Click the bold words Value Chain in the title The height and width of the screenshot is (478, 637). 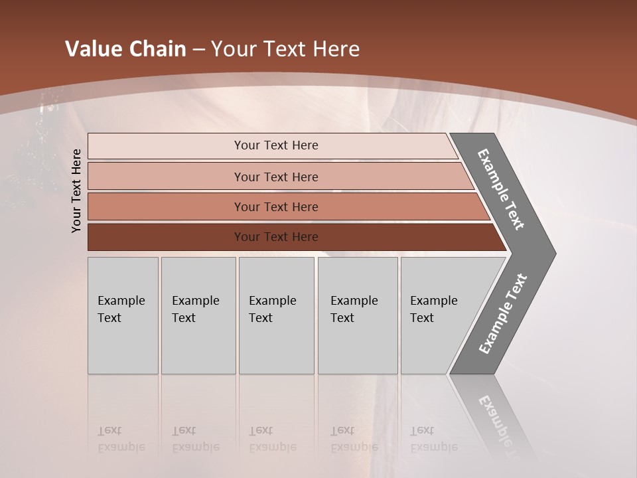(125, 49)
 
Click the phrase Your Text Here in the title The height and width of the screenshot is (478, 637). (285, 49)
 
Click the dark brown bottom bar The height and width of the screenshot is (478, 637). (166, 237)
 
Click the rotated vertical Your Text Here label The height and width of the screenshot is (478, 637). (76, 191)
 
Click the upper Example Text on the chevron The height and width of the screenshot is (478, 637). (501, 189)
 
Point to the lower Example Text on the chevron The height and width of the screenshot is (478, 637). (503, 314)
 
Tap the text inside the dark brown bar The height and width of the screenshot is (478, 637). (276, 237)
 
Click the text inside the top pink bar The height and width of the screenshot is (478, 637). (276, 145)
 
